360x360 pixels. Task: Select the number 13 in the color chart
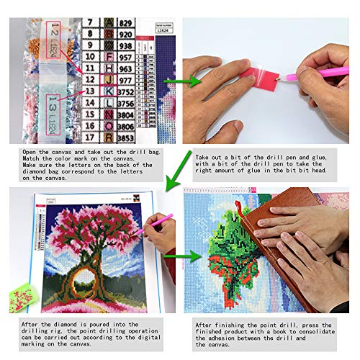coord(91,91)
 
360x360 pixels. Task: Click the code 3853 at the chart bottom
coord(125,136)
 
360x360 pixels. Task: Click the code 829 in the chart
coord(125,22)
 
